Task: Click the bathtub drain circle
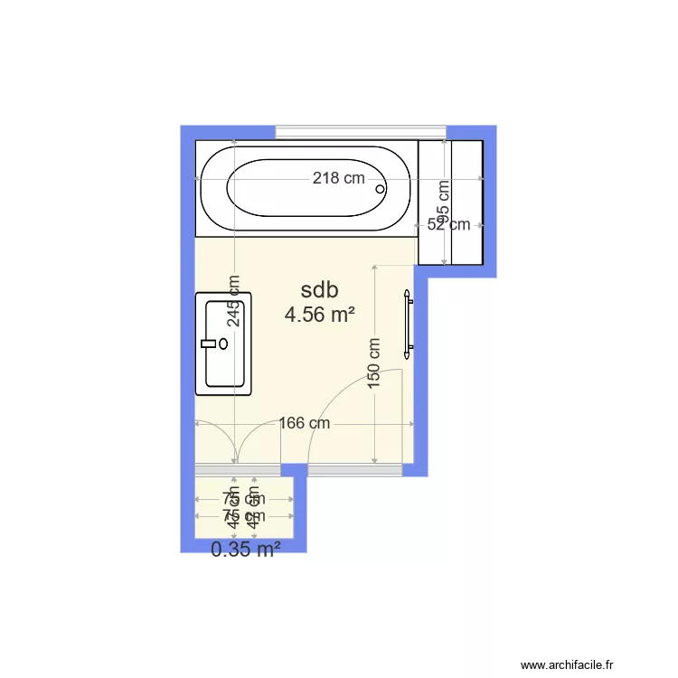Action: [380, 190]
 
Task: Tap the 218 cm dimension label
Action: [339, 178]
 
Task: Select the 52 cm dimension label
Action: [448, 224]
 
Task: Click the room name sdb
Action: [319, 290]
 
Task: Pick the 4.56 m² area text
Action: [319, 315]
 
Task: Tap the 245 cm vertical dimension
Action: [234, 300]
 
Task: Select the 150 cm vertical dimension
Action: [374, 363]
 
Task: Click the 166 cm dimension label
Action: [304, 423]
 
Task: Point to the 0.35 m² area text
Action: [245, 549]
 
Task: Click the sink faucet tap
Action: [213, 344]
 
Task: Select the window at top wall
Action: [361, 132]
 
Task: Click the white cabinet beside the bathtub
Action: [449, 202]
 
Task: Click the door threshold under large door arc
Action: [355, 470]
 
